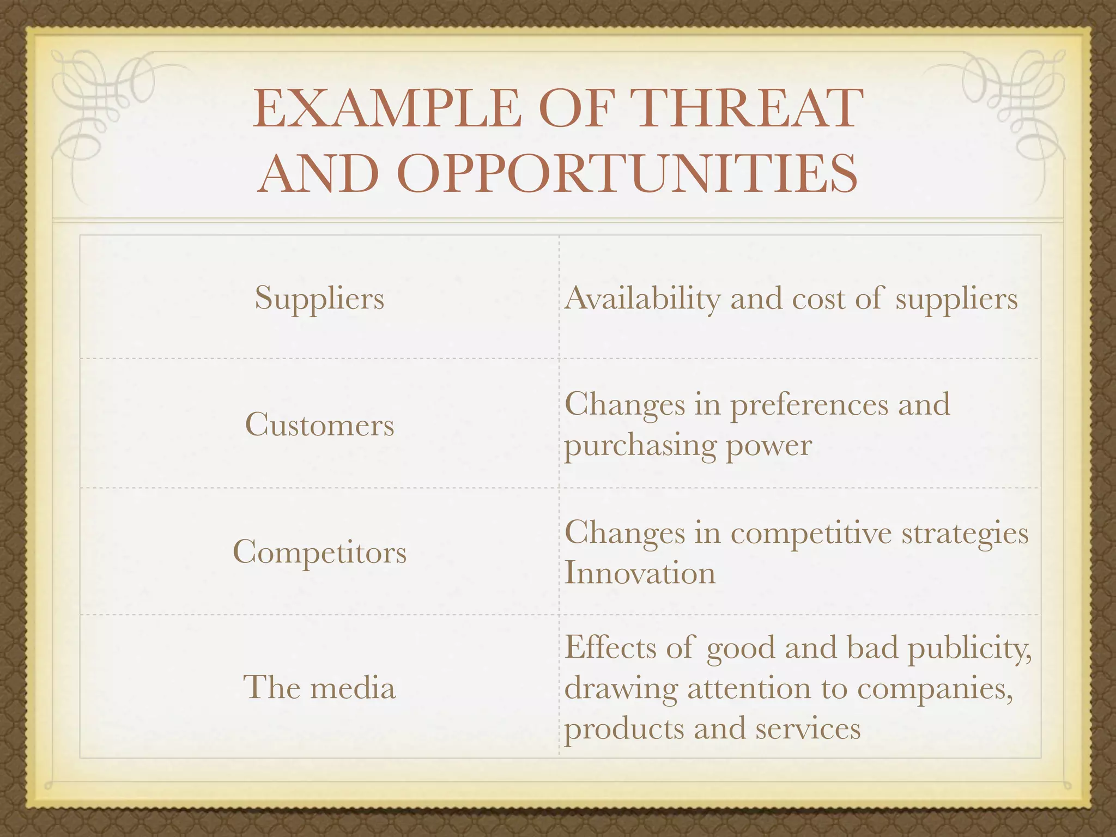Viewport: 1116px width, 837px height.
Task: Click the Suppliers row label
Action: [319, 299]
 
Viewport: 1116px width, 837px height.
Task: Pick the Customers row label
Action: [319, 424]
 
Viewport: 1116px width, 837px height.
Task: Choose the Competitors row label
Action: [319, 552]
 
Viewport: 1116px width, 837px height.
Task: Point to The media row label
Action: [319, 687]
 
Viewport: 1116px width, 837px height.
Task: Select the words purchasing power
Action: [688, 446]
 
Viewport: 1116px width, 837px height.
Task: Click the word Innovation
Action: [640, 573]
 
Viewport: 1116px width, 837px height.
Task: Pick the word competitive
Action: [811, 533]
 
